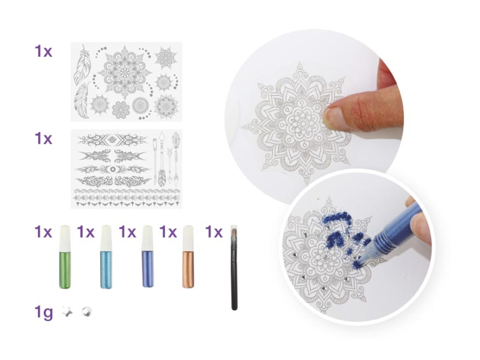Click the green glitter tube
[x=65, y=257]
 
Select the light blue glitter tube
[x=106, y=257]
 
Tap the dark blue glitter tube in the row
[x=148, y=257]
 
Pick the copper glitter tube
[x=188, y=257]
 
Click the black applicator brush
[x=234, y=268]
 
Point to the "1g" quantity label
[x=44, y=313]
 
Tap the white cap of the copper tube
[x=188, y=236]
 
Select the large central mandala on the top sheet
[x=125, y=72]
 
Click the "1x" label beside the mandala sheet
[x=43, y=52]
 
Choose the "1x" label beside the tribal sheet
[x=43, y=139]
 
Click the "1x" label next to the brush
[x=214, y=232]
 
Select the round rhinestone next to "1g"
[x=86, y=312]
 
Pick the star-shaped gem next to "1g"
[x=67, y=312]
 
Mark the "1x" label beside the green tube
[x=43, y=232]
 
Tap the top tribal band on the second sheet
[x=112, y=140]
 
